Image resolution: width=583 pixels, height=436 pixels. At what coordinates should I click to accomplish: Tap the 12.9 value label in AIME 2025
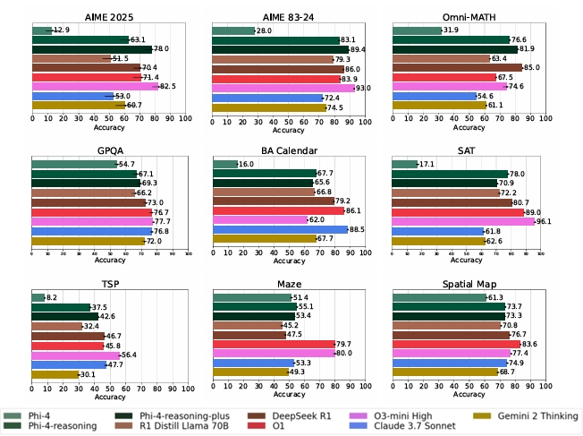tap(62, 30)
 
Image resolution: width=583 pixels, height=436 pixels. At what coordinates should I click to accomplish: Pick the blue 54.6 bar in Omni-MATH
tap(435, 96)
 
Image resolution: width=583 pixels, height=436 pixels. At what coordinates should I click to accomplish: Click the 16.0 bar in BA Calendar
tap(224, 164)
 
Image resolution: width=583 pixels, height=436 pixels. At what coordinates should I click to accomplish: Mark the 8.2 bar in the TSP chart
tap(38, 297)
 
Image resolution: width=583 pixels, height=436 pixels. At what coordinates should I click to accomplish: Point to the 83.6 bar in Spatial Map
tap(456, 345)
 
